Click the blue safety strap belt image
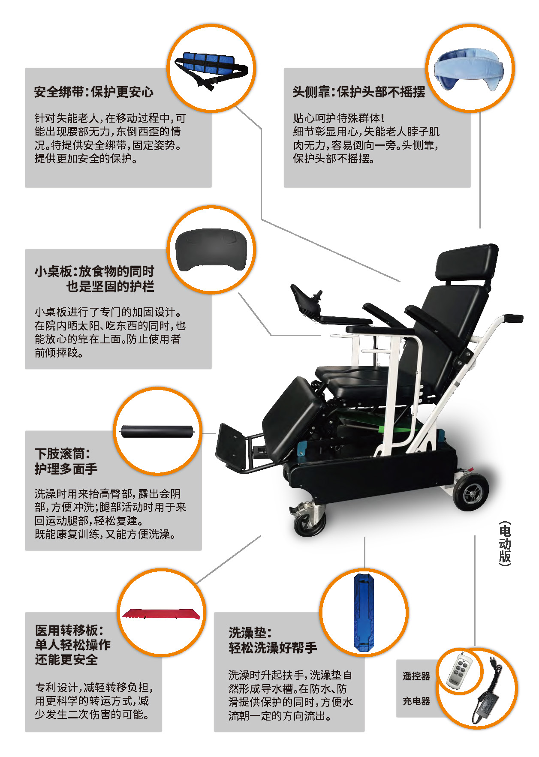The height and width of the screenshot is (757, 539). click(210, 69)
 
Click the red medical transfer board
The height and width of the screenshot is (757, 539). click(162, 613)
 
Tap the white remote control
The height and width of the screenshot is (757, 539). click(460, 671)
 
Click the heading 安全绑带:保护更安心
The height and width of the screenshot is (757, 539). click(93, 92)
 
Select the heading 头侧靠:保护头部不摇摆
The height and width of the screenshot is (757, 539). click(358, 92)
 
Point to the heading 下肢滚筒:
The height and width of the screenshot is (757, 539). click(62, 453)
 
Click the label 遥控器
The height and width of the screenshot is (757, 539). click(416, 676)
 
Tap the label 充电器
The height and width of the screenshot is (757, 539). click(416, 701)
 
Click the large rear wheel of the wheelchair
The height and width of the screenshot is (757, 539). click(470, 493)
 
